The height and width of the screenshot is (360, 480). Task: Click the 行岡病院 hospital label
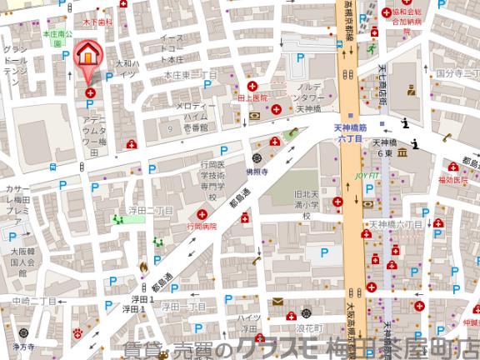point(202,226)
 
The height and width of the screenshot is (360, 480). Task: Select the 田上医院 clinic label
point(252,97)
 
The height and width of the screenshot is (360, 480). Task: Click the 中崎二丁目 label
point(33,301)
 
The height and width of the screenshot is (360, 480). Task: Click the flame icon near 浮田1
point(142,267)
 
